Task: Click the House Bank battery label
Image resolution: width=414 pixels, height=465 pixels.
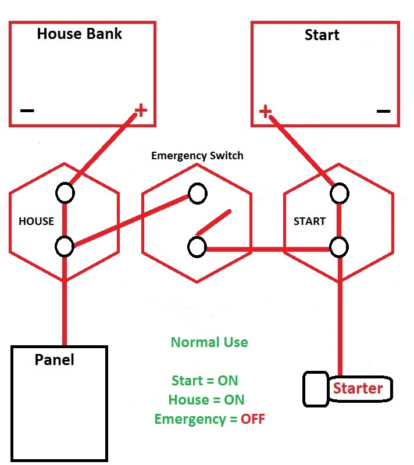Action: point(80,34)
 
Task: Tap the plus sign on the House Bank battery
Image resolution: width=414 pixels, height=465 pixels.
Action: point(141,109)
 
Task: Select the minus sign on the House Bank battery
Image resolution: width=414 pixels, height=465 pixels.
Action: point(27,110)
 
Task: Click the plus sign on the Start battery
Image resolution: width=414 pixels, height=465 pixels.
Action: point(265,111)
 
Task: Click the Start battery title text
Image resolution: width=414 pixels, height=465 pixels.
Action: point(322,35)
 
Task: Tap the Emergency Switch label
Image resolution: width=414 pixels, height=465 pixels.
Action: point(197,156)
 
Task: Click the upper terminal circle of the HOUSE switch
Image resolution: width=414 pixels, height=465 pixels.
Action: point(65,193)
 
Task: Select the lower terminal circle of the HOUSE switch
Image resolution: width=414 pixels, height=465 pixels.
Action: point(65,246)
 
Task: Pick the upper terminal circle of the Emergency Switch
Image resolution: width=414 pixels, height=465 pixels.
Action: point(197,194)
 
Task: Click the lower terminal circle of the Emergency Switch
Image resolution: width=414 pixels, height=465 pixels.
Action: point(197,247)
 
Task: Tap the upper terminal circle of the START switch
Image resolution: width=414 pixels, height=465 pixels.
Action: point(339,193)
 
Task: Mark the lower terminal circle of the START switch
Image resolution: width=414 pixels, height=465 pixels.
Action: point(339,247)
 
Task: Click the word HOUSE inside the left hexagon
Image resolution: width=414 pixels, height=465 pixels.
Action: point(36,221)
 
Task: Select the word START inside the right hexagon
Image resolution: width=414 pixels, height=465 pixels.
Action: point(309,221)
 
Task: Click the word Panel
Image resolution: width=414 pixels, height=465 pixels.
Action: point(55,360)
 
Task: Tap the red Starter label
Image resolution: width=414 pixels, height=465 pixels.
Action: point(357,389)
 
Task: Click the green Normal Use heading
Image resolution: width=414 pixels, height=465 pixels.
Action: point(209,342)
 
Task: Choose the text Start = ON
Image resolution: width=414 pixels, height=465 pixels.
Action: point(205,381)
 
